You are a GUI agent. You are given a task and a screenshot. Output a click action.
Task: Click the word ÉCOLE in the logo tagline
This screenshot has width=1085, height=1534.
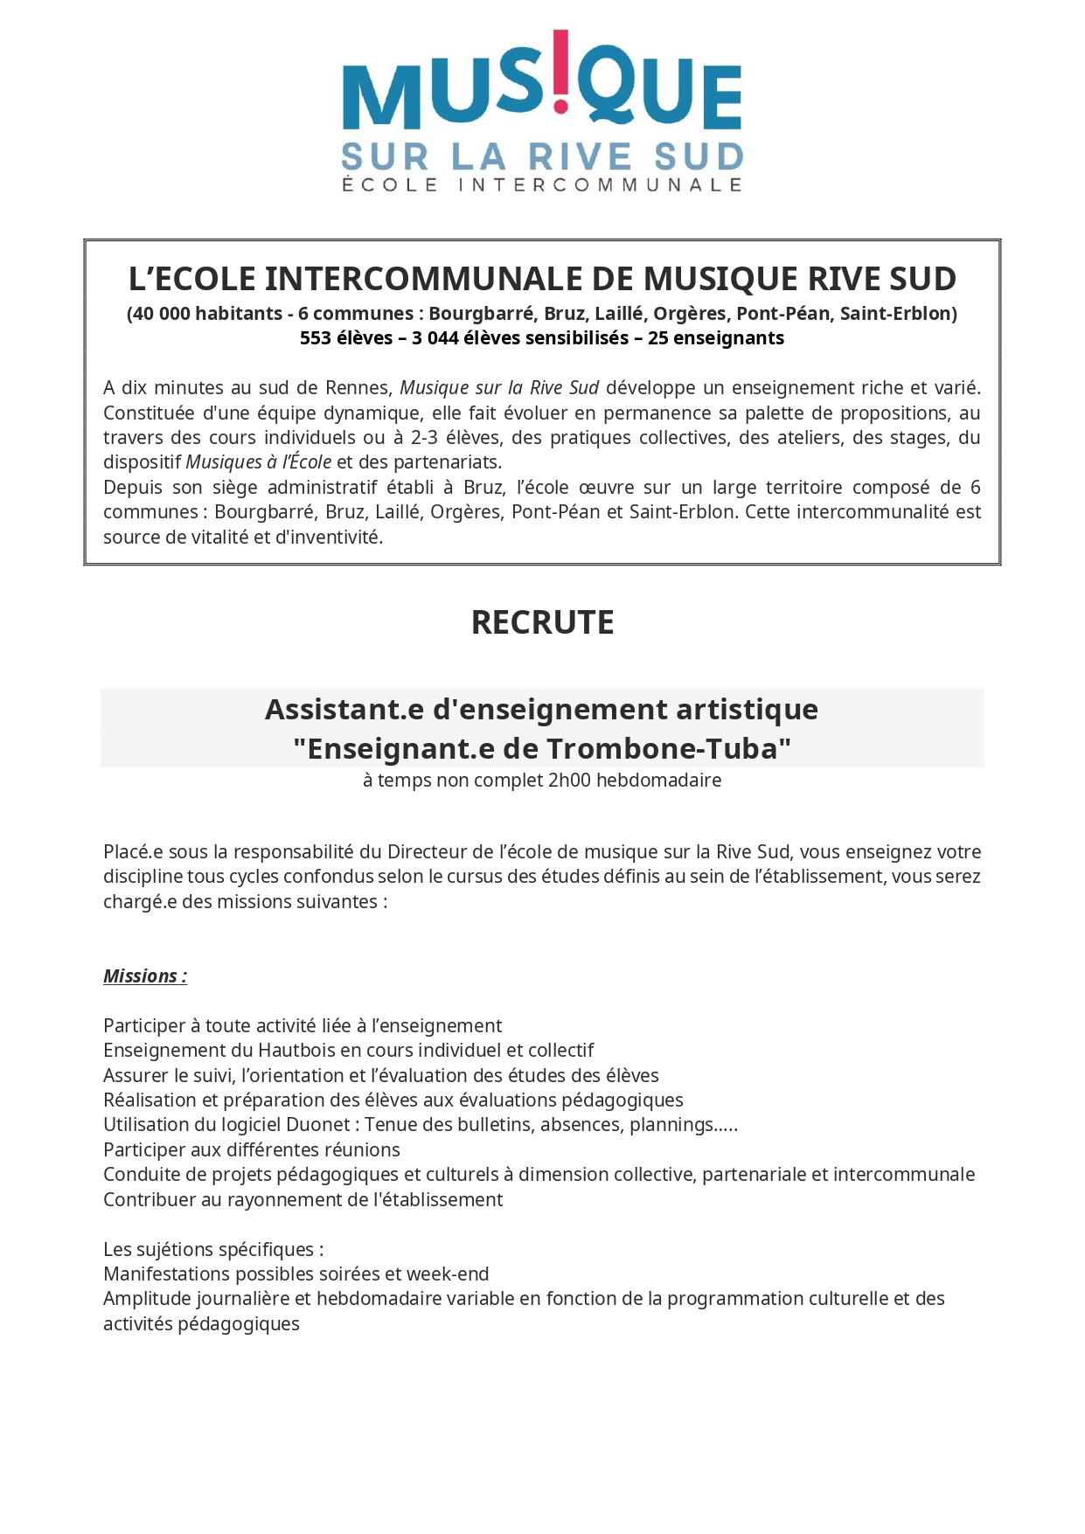pyautogui.click(x=389, y=185)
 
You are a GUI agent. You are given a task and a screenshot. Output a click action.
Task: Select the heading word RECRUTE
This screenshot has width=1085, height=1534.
pyautogui.click(x=542, y=622)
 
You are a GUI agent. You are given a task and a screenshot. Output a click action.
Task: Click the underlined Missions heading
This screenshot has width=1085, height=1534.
pyautogui.click(x=145, y=976)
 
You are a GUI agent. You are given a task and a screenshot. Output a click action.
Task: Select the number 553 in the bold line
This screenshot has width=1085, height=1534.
pyautogui.click(x=316, y=338)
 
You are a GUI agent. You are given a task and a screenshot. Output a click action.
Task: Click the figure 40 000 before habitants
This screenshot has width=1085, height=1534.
pyautogui.click(x=161, y=314)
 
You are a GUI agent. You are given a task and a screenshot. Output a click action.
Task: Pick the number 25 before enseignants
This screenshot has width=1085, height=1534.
pyautogui.click(x=657, y=338)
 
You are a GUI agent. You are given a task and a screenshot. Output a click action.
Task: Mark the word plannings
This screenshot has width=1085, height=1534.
pyautogui.click(x=671, y=1125)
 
